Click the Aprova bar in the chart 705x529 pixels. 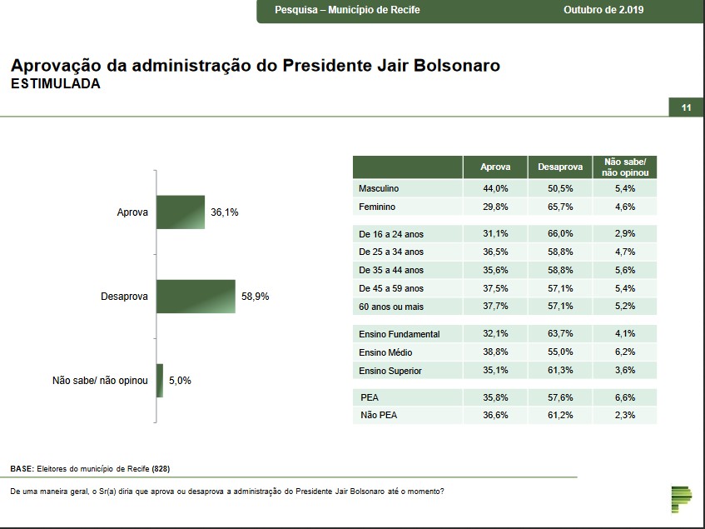(181, 212)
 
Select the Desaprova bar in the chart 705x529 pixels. (196, 296)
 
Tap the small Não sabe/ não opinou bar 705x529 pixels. (160, 381)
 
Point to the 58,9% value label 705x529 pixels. (256, 297)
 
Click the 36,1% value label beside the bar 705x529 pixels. (225, 212)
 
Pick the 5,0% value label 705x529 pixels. (181, 381)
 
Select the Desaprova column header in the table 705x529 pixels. (560, 167)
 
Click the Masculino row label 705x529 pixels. (379, 189)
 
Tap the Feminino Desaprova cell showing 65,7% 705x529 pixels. (560, 207)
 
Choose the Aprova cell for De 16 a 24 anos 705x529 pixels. (496, 234)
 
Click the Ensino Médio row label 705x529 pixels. (385, 352)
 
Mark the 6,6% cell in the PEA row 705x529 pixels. (624, 397)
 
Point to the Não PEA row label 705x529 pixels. (379, 415)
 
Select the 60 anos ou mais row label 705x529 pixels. (391, 307)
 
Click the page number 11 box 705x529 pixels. (687, 107)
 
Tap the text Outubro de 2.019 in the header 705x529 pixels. (604, 10)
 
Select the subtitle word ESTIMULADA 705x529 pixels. (55, 83)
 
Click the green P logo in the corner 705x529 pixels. (681, 497)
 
